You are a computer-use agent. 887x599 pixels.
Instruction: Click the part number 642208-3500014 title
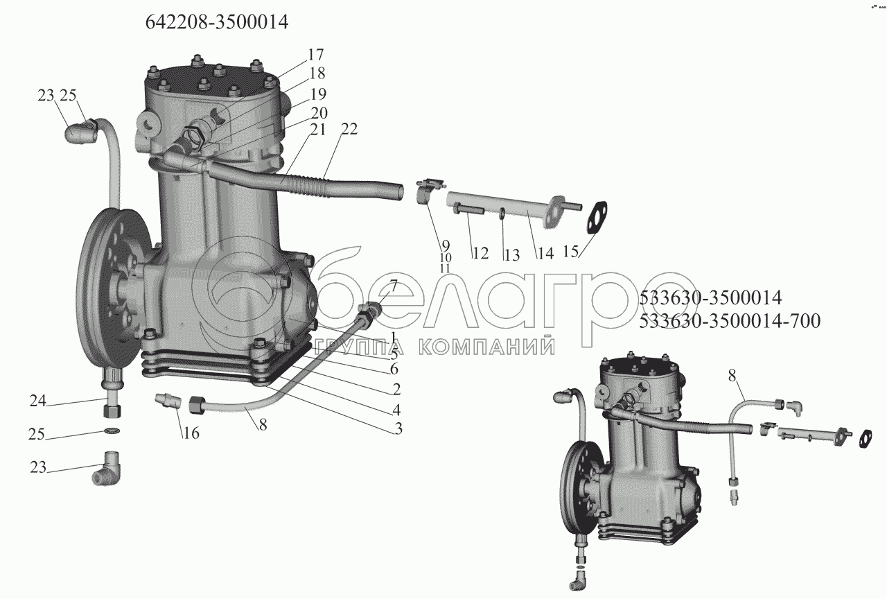[216, 22]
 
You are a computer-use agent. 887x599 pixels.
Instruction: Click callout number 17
[315, 55]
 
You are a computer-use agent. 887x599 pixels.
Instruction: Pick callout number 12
[480, 254]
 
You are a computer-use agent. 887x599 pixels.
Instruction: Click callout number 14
[545, 254]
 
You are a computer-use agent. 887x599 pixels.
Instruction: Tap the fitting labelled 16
[169, 401]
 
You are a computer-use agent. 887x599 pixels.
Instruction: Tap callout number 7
[393, 285]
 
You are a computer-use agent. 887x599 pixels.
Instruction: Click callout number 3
[398, 428]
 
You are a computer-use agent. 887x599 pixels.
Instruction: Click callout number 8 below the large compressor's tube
[263, 426]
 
